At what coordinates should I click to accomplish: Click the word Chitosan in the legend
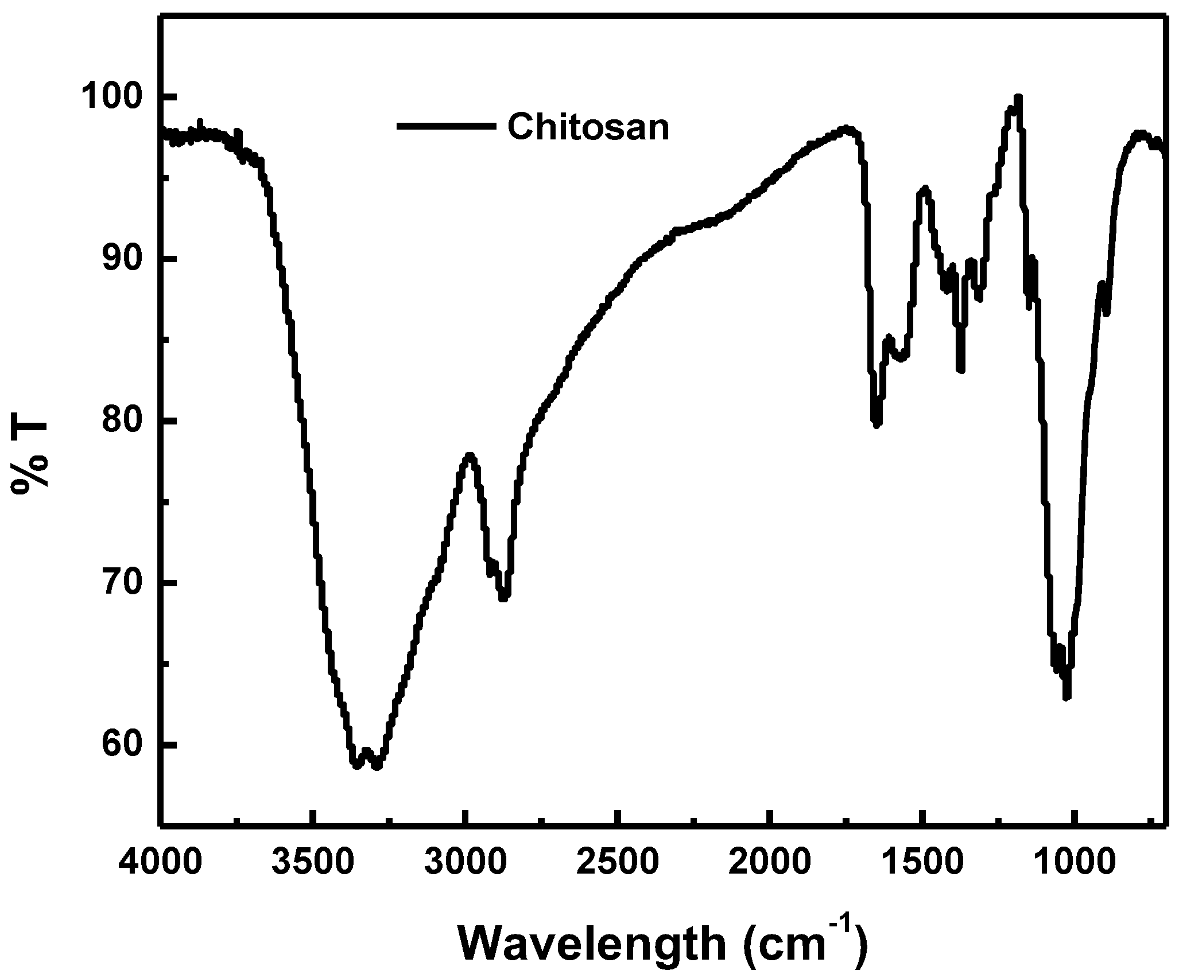coord(588,127)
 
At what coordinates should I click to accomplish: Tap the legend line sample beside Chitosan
coord(446,126)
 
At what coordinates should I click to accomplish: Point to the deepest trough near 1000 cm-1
coord(1066,696)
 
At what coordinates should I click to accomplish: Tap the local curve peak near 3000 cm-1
coord(470,455)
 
